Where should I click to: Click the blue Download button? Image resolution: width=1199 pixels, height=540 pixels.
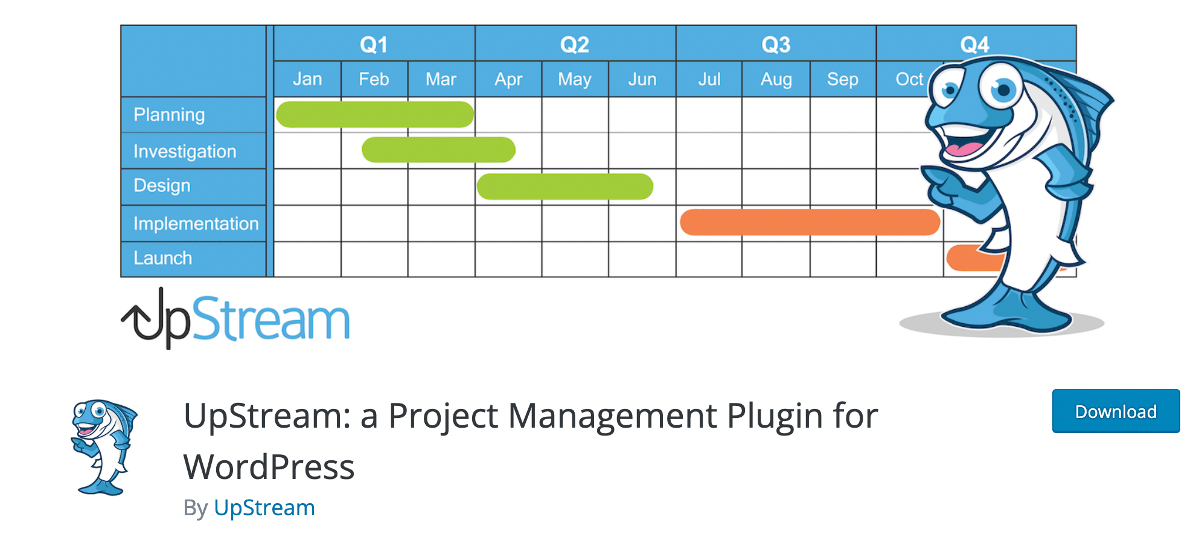click(x=1115, y=411)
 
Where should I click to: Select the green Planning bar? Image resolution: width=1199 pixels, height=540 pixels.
click(x=374, y=115)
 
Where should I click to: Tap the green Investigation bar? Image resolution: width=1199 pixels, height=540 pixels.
click(x=438, y=150)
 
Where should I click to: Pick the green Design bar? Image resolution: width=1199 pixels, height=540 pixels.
click(x=564, y=187)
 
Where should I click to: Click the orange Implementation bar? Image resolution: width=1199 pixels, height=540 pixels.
click(x=809, y=222)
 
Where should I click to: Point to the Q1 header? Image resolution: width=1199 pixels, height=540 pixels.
click(x=374, y=45)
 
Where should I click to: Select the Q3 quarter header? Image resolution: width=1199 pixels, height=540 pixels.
click(x=776, y=45)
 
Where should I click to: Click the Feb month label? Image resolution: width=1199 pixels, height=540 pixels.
click(x=374, y=79)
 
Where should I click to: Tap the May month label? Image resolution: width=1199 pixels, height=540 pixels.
click(x=574, y=79)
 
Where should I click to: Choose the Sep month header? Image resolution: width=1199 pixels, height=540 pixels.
click(x=842, y=79)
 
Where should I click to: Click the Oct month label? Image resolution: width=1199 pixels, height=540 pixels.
click(x=909, y=79)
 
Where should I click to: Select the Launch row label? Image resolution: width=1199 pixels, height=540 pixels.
click(x=162, y=259)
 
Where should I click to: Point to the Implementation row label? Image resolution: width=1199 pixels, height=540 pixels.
click(x=196, y=223)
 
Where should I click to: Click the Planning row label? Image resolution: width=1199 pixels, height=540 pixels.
click(x=169, y=115)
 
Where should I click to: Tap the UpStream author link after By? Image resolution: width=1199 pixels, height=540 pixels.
click(x=264, y=508)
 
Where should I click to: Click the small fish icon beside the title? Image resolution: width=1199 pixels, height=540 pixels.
click(x=103, y=447)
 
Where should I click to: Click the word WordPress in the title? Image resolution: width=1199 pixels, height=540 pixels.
click(x=269, y=468)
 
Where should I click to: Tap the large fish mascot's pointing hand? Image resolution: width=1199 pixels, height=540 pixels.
click(x=948, y=187)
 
